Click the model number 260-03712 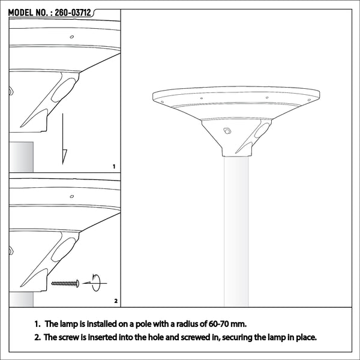(73, 13)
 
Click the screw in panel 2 (65, 284)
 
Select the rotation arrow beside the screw (95, 283)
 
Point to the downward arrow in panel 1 (64, 139)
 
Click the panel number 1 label (114, 166)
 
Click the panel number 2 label (116, 301)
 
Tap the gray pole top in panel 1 (22, 157)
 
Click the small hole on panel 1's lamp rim (72, 37)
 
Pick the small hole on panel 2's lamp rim (72, 197)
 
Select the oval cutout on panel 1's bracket (63, 90)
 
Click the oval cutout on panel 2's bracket (63, 250)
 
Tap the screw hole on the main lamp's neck (227, 131)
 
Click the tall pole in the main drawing (236, 232)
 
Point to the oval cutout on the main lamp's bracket (262, 130)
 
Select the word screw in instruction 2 (69, 337)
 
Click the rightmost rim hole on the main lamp (309, 100)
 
